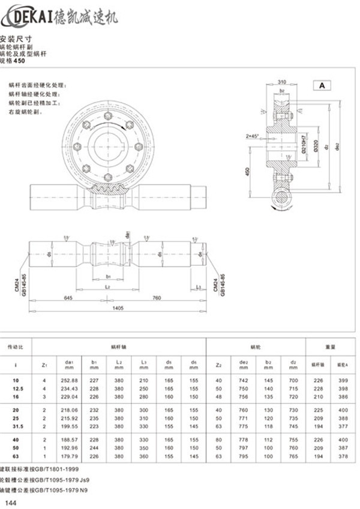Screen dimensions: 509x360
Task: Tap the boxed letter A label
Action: pos(321,85)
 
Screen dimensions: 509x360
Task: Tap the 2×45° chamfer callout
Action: pos(251,136)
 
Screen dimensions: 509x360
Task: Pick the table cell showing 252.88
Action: pos(70,381)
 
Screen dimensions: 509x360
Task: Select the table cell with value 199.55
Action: pos(70,426)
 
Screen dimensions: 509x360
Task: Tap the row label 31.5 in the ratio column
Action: pos(16,426)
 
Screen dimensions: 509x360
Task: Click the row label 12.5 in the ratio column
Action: pos(16,389)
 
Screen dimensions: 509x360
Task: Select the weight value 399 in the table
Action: pos(343,381)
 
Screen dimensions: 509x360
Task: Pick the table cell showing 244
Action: pos(94,447)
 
